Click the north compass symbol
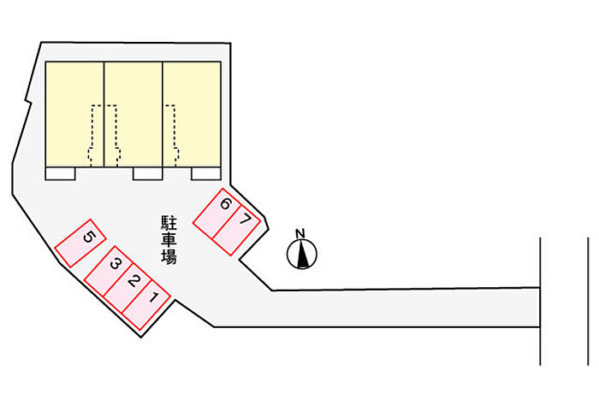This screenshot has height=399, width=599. [x=301, y=253]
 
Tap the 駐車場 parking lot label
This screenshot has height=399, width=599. [x=169, y=240]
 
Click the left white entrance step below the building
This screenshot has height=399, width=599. [x=61, y=174]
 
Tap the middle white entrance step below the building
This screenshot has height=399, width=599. [x=147, y=174]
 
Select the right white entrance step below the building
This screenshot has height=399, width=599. [x=205, y=174]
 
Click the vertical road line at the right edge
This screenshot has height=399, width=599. [x=540, y=299]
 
